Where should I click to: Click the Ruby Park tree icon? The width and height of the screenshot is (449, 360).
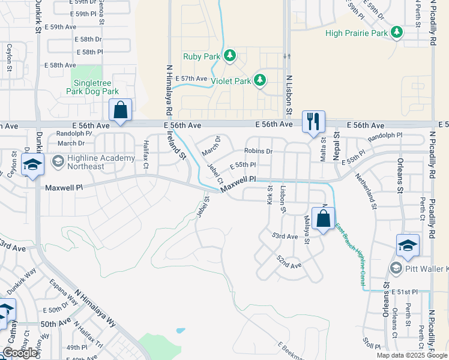229,56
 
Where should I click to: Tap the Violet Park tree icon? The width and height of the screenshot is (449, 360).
260,80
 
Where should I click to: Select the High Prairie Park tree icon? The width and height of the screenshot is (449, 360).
396,32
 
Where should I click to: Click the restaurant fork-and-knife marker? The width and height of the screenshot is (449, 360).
313,122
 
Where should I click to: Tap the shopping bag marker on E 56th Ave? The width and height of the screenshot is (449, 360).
120,111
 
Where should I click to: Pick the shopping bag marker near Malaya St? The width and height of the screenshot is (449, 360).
323,219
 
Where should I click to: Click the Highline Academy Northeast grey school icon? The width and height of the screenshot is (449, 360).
58,161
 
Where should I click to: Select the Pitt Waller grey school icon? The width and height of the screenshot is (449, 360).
396,267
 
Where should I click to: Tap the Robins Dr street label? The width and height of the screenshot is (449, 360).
258,151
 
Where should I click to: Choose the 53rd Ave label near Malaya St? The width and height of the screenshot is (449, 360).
285,236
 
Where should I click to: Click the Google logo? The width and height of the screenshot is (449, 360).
20,353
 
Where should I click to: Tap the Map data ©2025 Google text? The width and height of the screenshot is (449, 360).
411,355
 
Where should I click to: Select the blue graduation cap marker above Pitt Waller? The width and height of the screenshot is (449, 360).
407,246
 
